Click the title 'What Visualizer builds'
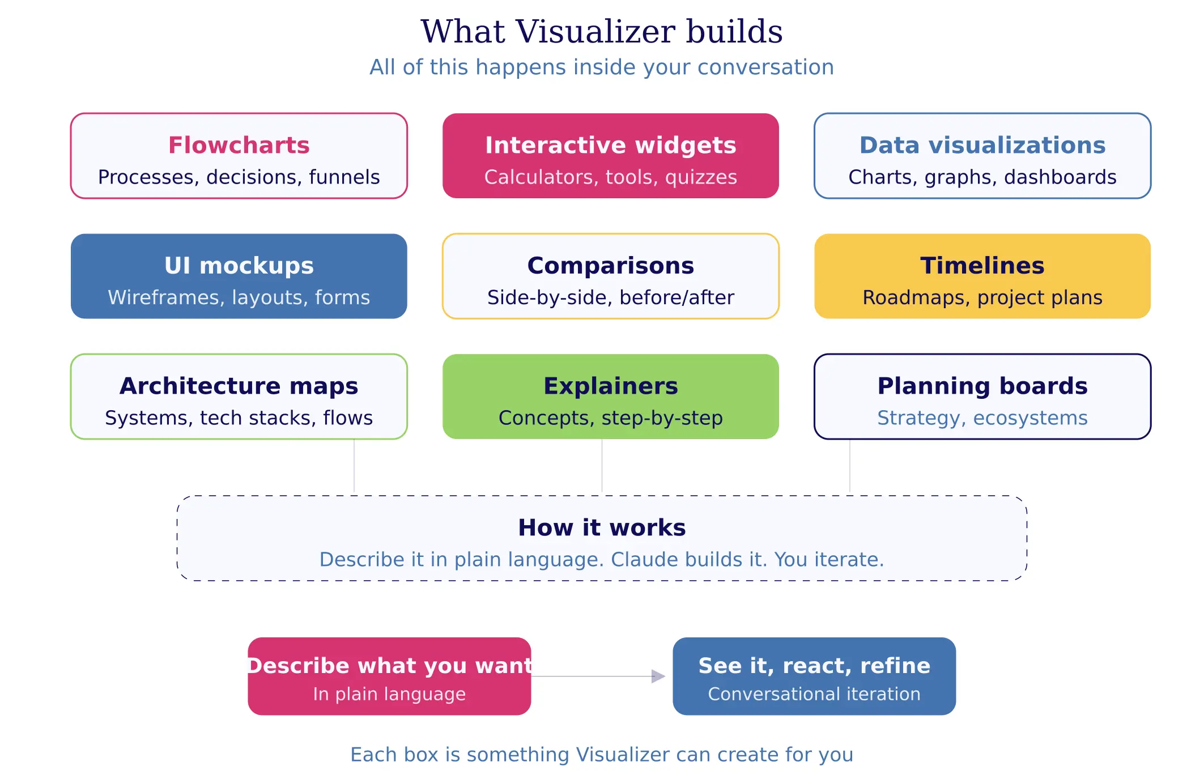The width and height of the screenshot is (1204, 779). tap(601, 32)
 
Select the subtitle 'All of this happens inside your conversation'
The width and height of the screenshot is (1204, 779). tap(601, 67)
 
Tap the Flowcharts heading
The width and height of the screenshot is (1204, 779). tap(239, 145)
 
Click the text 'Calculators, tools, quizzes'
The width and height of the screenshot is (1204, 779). tap(610, 177)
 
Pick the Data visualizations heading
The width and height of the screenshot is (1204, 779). tap(982, 145)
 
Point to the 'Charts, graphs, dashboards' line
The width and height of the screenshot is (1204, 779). tap(982, 177)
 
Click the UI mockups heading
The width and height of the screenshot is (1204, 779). tap(239, 266)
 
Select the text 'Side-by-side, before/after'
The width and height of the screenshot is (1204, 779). tap(610, 297)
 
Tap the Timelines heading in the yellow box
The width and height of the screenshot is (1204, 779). tap(982, 266)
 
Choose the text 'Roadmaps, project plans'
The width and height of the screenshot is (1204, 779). tap(982, 297)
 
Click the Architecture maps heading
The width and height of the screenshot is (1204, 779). tap(239, 386)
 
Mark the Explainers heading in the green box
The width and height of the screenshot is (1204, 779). tap(610, 386)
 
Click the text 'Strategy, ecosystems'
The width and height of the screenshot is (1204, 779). tap(982, 418)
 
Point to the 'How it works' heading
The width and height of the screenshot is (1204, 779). tap(601, 527)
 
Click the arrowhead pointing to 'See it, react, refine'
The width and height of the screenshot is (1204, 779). tap(658, 676)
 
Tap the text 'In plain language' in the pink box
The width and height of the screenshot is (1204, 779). tap(389, 694)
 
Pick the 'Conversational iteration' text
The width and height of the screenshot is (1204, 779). tap(814, 694)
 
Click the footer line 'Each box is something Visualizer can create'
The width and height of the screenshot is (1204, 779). tap(601, 755)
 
